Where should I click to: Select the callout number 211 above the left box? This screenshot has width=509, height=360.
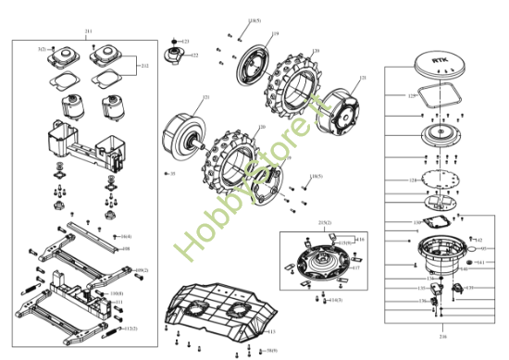pyautogui.click(x=88, y=32)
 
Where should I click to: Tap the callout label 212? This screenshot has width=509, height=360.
pyautogui.click(x=144, y=66)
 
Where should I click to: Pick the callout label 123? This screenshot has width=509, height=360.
pyautogui.click(x=185, y=42)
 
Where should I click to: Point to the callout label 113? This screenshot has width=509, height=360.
pyautogui.click(x=271, y=331)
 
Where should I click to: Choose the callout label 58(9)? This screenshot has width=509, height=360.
pyautogui.click(x=271, y=351)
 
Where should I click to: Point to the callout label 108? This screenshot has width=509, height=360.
pyautogui.click(x=126, y=249)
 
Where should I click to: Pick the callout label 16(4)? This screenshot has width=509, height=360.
pyautogui.click(x=126, y=236)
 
